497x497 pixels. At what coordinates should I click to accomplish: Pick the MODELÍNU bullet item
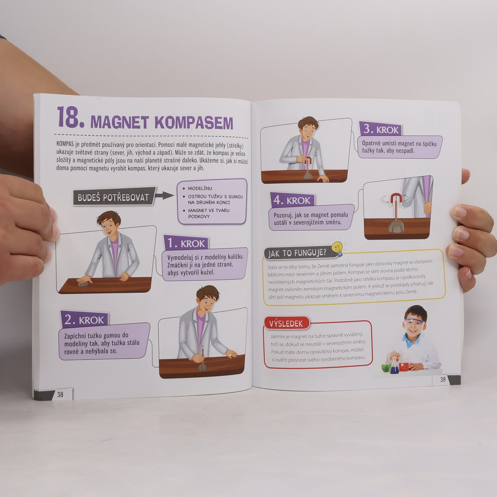click(x=200, y=188)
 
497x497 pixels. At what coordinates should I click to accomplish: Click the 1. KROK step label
click(x=186, y=243)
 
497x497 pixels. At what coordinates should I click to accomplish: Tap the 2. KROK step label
click(x=84, y=320)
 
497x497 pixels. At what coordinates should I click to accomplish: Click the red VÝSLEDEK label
click(x=287, y=324)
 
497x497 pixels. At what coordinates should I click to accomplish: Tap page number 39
click(x=443, y=380)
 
